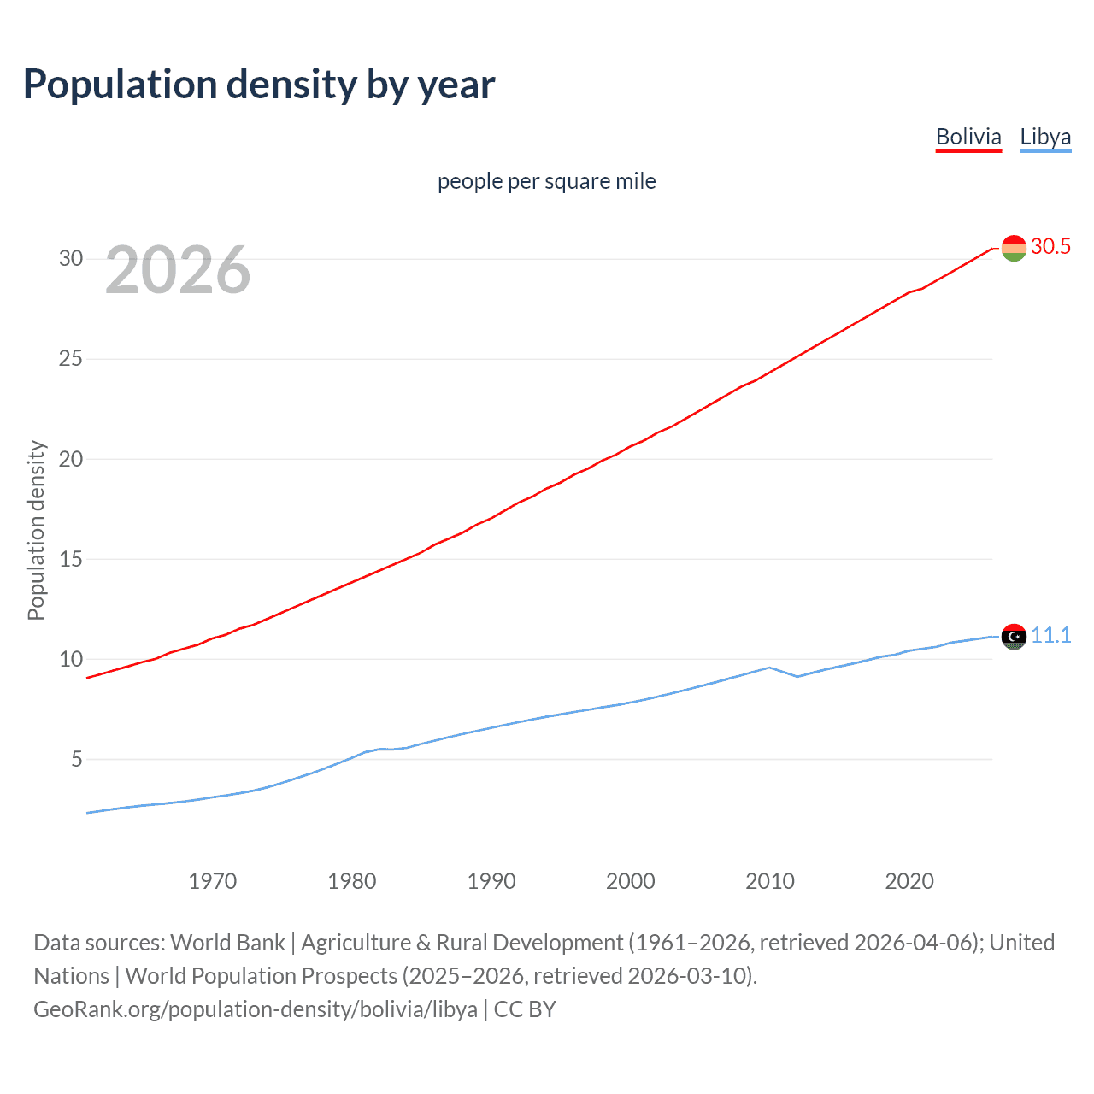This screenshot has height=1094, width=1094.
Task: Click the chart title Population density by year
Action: (x=259, y=85)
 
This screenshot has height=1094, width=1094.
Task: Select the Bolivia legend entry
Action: (x=968, y=137)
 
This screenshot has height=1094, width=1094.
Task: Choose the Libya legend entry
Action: (x=1044, y=137)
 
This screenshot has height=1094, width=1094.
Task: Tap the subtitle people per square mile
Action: (x=546, y=181)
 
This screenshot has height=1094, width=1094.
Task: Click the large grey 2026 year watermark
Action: (x=178, y=270)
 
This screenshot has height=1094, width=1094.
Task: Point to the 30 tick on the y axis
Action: (x=71, y=258)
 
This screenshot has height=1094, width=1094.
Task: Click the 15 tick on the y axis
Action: (x=71, y=559)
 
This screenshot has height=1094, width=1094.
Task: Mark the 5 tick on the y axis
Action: (x=77, y=759)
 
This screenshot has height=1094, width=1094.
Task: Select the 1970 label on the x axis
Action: (x=212, y=881)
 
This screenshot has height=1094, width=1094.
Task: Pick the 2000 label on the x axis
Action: (x=630, y=881)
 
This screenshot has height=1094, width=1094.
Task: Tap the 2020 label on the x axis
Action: (x=909, y=881)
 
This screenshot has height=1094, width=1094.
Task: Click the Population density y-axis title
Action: (x=36, y=530)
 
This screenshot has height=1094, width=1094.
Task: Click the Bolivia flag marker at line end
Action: (x=1013, y=248)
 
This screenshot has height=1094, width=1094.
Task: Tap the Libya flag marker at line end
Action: (x=1013, y=637)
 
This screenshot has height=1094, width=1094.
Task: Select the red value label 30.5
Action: (x=1050, y=247)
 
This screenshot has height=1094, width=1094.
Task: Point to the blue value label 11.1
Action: (x=1050, y=635)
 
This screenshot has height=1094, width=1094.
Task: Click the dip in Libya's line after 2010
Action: (x=797, y=676)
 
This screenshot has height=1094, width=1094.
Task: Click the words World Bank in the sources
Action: (x=227, y=943)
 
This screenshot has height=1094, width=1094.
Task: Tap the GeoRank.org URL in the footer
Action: (x=256, y=1009)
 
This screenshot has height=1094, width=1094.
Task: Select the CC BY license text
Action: (x=525, y=1009)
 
